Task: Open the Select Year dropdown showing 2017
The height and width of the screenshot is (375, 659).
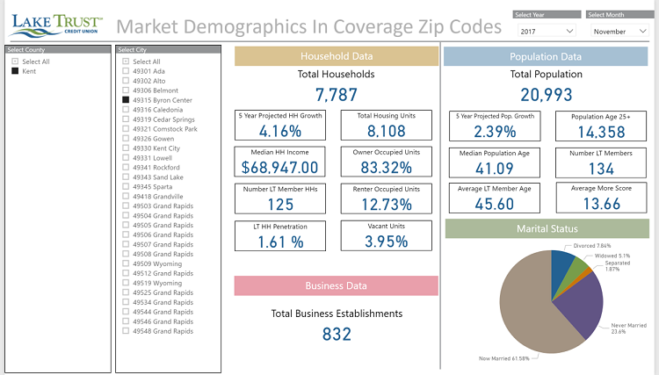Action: (x=548, y=31)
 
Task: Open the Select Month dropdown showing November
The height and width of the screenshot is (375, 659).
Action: (x=619, y=31)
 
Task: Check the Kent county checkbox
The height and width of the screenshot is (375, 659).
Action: (x=15, y=71)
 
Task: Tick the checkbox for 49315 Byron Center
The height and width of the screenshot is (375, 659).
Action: (x=127, y=100)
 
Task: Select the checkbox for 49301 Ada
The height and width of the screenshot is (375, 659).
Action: (x=127, y=71)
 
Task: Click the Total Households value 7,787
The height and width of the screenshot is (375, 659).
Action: (x=337, y=95)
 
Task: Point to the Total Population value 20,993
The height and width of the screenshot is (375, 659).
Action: (x=546, y=95)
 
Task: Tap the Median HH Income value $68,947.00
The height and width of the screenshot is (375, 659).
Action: (x=279, y=167)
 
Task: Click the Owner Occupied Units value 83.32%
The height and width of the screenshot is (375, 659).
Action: (x=386, y=167)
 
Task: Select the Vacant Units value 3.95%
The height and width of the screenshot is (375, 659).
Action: (x=386, y=241)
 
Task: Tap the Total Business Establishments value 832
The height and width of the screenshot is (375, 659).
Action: (x=337, y=334)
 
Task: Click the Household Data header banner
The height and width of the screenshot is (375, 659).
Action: (x=337, y=56)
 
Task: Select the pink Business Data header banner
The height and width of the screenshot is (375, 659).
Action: (x=337, y=285)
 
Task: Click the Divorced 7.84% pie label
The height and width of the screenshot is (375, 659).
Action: (x=590, y=245)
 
